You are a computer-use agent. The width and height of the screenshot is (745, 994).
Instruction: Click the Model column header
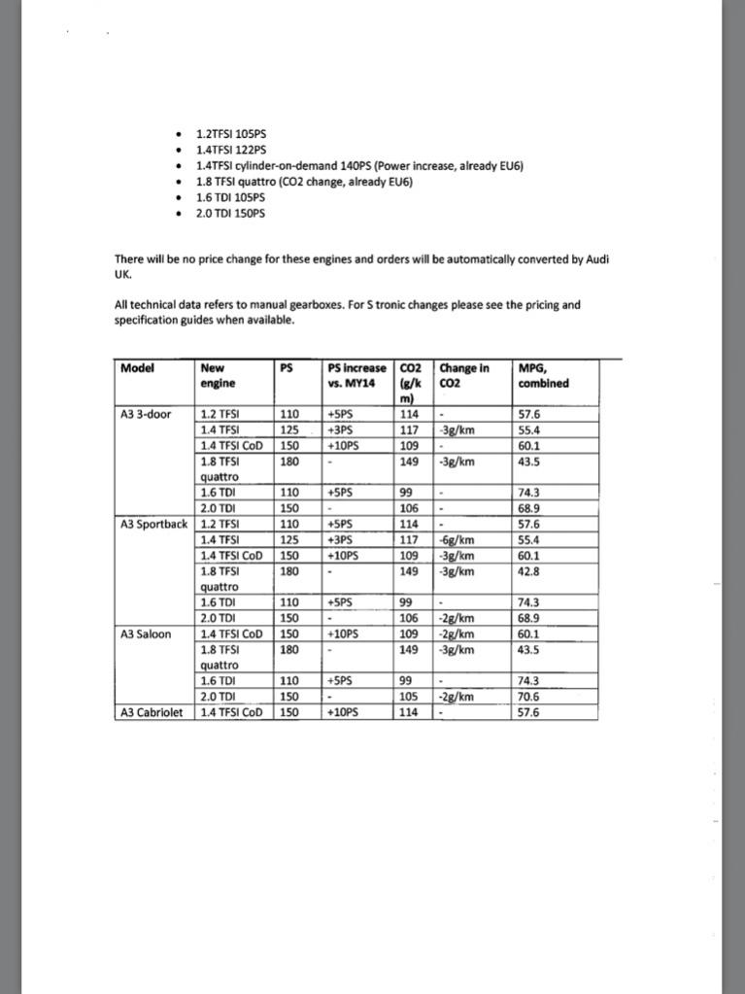[x=137, y=368]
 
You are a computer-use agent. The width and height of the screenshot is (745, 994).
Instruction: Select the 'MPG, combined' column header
[x=544, y=376]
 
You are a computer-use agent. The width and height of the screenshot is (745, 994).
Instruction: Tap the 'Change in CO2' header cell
[x=464, y=376]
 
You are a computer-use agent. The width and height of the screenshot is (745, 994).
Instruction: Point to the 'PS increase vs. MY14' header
[x=356, y=376]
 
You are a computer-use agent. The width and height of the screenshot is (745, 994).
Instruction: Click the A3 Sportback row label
[x=153, y=525]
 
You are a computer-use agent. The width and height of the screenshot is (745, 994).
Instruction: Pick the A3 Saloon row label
[x=146, y=634]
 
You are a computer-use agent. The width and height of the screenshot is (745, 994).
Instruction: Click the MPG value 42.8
[x=530, y=572]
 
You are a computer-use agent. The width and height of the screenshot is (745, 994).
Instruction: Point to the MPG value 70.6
[x=530, y=697]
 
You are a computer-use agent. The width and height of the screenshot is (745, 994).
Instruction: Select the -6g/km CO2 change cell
[x=457, y=541]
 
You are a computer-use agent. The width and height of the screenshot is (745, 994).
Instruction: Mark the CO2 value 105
[x=409, y=697]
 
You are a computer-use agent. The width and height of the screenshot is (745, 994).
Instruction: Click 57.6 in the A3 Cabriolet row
[x=530, y=712]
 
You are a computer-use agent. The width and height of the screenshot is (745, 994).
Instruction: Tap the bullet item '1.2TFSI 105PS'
[x=230, y=134]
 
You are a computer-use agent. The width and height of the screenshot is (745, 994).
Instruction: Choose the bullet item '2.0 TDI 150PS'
[x=230, y=213]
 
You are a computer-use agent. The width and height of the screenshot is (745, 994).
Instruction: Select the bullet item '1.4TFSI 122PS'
[x=230, y=150]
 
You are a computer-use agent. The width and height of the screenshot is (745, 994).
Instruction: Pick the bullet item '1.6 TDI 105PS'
[x=230, y=197]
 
